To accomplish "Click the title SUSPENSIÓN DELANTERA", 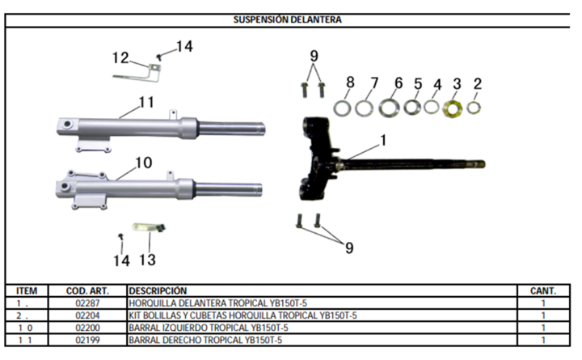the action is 287,19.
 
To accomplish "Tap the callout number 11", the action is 146,102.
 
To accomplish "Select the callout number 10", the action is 144,163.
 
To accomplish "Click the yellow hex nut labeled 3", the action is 453,109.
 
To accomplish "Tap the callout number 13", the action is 147,260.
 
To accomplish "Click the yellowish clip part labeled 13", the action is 149,227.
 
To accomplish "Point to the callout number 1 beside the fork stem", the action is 383,141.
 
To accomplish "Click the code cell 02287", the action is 87,303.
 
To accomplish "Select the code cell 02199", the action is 87,340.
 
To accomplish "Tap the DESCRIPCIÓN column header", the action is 158,290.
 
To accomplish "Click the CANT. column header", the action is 543,290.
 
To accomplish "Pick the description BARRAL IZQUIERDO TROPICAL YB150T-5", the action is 209,328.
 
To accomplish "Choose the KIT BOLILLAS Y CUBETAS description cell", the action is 242,316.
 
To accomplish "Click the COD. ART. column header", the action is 87,290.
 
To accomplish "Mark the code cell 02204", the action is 87,316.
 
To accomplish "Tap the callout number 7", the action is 374,83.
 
